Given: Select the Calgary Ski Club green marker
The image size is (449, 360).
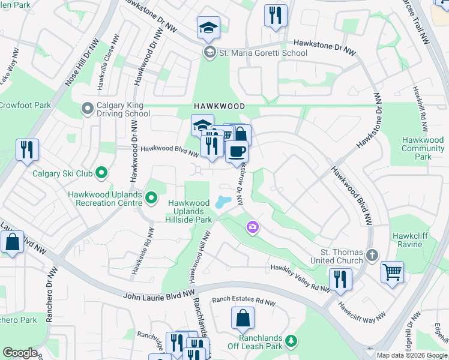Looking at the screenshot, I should [101, 173].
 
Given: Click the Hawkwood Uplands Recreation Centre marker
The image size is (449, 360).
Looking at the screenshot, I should [151, 197].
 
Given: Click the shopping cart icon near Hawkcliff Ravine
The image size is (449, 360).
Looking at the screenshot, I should [392, 272].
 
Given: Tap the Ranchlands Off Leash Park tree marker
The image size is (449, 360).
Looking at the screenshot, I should [291, 341].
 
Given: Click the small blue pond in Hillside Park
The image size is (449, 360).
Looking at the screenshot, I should [223, 202].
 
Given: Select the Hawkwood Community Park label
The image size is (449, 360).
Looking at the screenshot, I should [423, 148].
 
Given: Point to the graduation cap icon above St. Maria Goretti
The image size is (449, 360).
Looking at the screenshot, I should [208, 27].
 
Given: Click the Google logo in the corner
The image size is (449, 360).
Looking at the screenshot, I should [20, 353].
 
